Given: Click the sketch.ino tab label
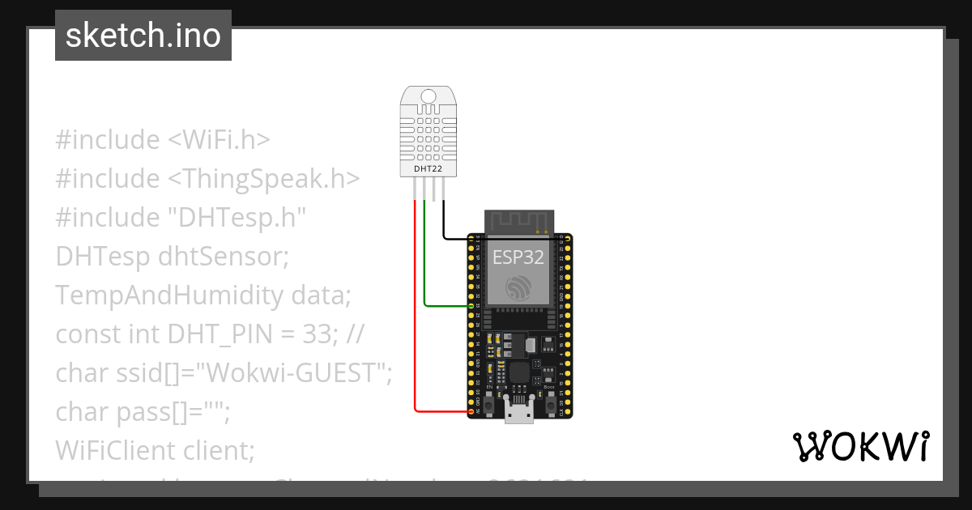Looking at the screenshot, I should [x=143, y=36].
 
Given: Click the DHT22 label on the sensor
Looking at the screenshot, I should [x=428, y=168].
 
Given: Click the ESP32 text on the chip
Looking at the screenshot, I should [x=518, y=257].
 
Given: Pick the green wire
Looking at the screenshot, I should [x=424, y=267].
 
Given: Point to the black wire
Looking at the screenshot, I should [x=444, y=223].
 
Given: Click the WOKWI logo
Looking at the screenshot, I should [x=860, y=447].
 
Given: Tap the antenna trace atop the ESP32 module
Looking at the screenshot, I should [x=518, y=220].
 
